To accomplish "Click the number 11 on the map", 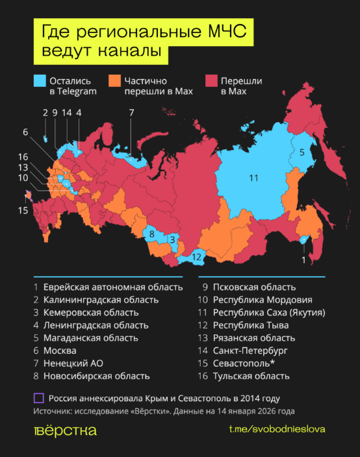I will point(253,178).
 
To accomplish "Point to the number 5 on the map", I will point(302,152).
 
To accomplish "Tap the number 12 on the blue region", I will point(197,257).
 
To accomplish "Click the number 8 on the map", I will point(151,233).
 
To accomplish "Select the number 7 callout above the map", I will point(131,112).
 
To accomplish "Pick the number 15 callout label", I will point(24,210).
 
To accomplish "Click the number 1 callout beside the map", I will point(302,259).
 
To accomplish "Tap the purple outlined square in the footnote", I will point(39,397).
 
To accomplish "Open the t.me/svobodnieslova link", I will point(277,430).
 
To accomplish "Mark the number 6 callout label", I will point(25,132).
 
